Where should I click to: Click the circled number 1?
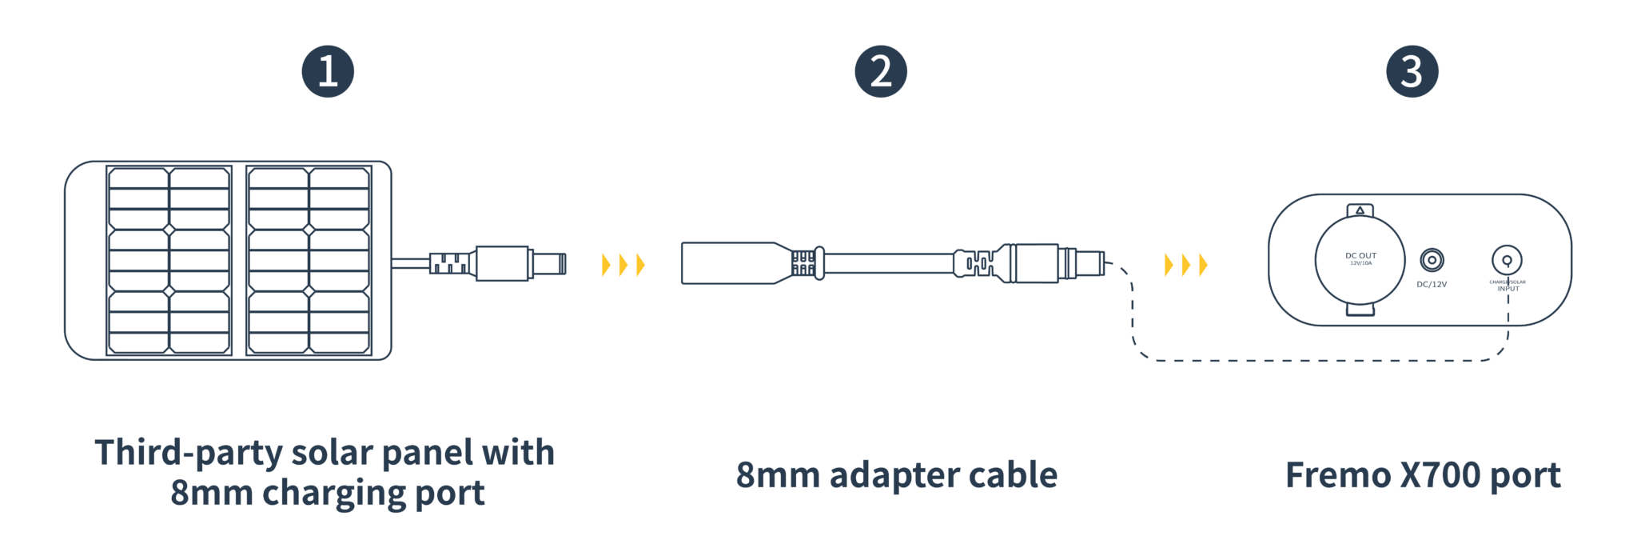(x=328, y=71)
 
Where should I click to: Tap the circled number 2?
(x=881, y=71)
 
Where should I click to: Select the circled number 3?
(x=1412, y=71)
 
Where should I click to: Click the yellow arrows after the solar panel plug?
(x=623, y=264)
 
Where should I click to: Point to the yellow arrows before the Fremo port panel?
(x=1186, y=264)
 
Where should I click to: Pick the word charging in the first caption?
(x=334, y=494)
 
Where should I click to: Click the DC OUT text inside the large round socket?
(x=1360, y=257)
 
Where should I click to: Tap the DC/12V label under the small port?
(x=1432, y=284)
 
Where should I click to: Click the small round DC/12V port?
(x=1432, y=260)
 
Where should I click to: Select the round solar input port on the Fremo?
(x=1507, y=259)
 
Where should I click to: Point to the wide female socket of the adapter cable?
(x=723, y=263)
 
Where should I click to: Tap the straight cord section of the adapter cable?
(x=887, y=262)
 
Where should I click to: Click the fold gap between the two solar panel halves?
(x=238, y=260)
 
